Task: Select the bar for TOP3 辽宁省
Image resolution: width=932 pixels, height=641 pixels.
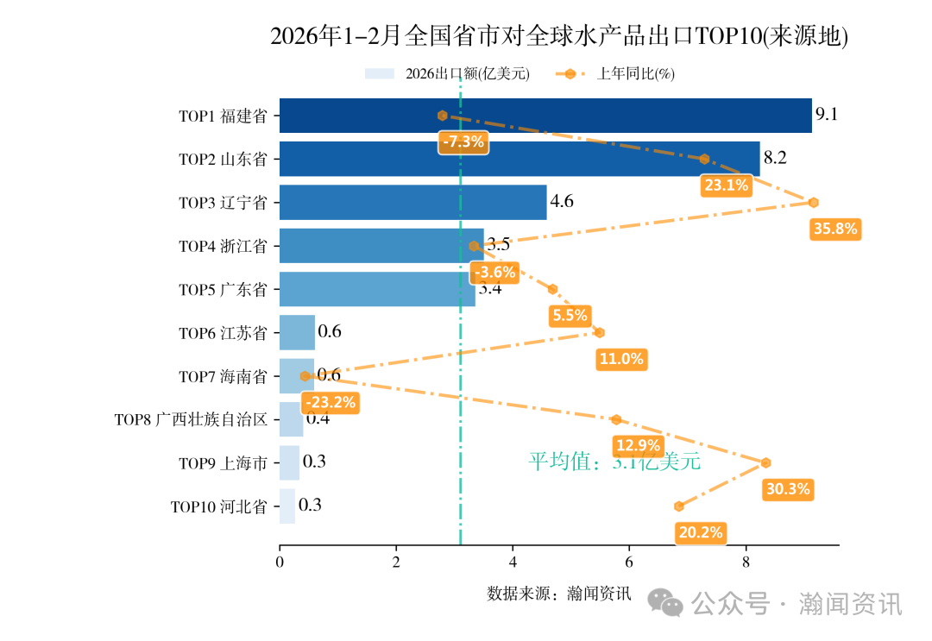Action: (412, 203)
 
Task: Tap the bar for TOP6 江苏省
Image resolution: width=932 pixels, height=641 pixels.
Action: (297, 332)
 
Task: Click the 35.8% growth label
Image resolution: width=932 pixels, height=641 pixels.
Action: (834, 229)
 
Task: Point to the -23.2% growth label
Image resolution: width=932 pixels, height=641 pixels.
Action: (329, 402)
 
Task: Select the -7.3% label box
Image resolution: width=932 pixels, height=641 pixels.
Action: (463, 142)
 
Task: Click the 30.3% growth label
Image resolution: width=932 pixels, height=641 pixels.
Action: (787, 489)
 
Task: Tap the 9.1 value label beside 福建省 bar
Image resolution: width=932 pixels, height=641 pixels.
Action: (827, 115)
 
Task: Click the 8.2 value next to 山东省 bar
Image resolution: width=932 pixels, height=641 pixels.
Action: (775, 158)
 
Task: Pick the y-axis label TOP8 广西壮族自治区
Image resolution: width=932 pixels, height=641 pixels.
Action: (191, 420)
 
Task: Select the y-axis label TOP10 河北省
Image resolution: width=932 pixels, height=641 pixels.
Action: (218, 506)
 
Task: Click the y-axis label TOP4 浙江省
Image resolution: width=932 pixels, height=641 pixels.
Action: (223, 247)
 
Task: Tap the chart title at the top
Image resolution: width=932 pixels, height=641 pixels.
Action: (559, 36)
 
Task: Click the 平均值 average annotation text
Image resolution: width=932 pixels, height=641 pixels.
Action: (614, 462)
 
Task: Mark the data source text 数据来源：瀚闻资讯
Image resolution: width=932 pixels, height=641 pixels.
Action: (559, 594)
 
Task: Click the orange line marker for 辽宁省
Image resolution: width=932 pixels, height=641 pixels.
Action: (813, 203)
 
